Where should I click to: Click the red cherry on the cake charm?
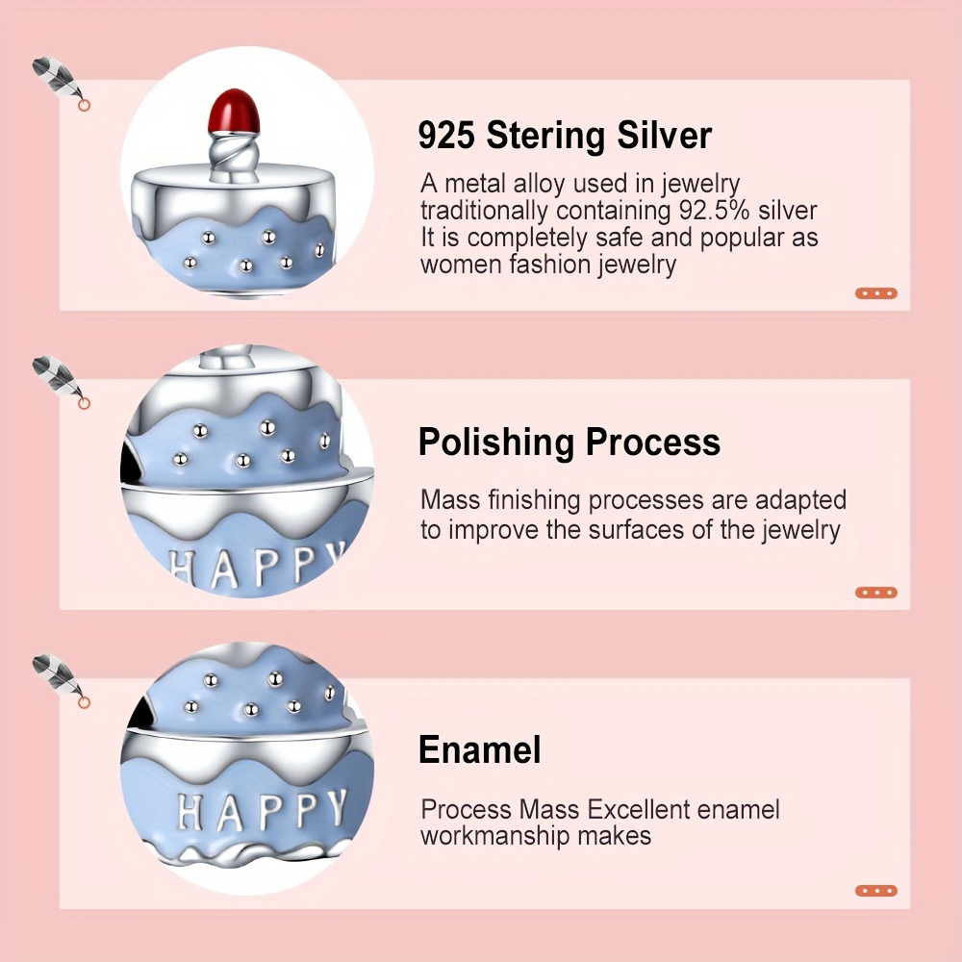(235, 112)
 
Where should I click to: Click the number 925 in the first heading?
(446, 135)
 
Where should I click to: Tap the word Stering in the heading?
(545, 137)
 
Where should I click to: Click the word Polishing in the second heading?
(495, 443)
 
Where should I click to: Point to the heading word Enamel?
(480, 749)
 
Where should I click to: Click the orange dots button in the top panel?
(876, 293)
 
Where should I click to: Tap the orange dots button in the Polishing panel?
(876, 592)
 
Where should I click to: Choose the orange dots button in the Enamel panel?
(876, 890)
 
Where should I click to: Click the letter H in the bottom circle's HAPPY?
(190, 812)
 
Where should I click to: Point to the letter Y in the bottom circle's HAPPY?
(336, 806)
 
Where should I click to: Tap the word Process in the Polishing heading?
(653, 443)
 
